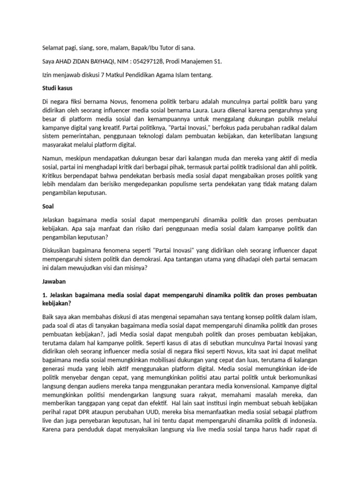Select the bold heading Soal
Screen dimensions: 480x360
(48, 205)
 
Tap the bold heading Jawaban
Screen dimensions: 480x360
(54, 282)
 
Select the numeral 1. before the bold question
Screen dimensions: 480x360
(45, 295)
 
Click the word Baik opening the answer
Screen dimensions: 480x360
(49, 317)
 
